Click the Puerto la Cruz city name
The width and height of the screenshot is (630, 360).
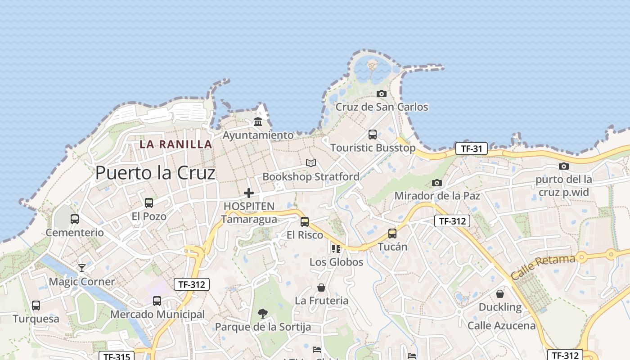click(155, 173)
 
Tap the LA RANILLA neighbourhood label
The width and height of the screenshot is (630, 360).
click(175, 144)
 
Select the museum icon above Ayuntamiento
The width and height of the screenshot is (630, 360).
click(258, 121)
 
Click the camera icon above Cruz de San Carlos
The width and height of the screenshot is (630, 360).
click(382, 94)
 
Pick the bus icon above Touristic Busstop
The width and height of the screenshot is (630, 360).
click(373, 134)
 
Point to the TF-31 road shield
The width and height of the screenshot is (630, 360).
click(471, 148)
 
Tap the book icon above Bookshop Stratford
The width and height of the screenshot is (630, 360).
click(311, 163)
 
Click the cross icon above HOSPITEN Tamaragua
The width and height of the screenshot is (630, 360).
click(249, 193)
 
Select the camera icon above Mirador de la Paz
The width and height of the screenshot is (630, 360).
click(436, 183)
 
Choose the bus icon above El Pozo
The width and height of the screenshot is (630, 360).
click(149, 203)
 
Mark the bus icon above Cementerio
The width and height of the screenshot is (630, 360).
click(75, 219)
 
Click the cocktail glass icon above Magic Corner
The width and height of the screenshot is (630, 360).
click(82, 268)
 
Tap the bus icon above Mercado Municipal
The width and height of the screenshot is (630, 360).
click(157, 301)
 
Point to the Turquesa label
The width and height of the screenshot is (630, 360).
click(36, 319)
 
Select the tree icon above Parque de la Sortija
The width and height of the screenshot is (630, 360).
click(263, 314)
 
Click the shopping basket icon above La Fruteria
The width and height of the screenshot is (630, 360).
click(321, 287)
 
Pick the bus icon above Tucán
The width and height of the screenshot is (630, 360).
click(392, 234)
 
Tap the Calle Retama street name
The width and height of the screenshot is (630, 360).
click(543, 267)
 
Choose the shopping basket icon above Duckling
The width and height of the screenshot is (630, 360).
click(500, 294)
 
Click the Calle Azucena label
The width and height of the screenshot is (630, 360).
click(502, 325)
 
